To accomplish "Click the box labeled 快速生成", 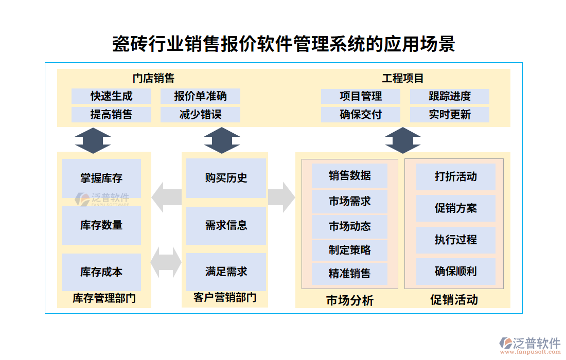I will click(x=111, y=96).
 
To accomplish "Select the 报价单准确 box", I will click(x=200, y=96).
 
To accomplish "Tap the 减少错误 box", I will click(x=200, y=114).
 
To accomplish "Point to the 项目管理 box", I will click(x=360, y=96).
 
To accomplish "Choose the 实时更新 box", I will click(x=449, y=114).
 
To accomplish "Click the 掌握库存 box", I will click(x=101, y=178).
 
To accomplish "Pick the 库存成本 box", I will click(x=101, y=272).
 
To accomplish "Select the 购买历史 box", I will click(x=226, y=178).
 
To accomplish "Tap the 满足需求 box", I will click(x=226, y=272).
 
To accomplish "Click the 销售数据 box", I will click(x=349, y=175).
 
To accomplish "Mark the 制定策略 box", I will click(x=349, y=250).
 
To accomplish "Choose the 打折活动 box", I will click(x=455, y=177).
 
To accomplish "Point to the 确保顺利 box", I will click(x=455, y=271).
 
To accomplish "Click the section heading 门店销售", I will click(x=153, y=78).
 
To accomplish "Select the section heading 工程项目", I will click(x=403, y=78).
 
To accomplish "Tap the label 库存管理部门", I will click(x=104, y=298).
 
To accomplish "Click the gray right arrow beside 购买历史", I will click(x=281, y=196).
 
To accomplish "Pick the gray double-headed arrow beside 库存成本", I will click(x=166, y=262).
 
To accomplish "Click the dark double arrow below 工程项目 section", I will click(x=403, y=140).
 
